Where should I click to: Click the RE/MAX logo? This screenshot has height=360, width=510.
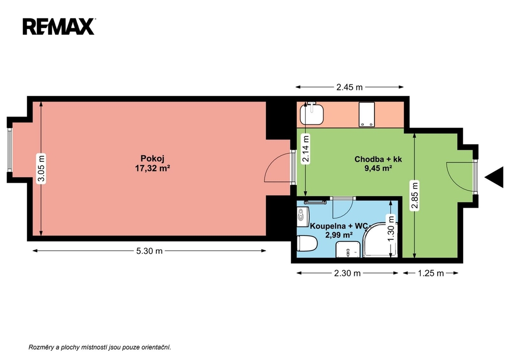pos(59,26)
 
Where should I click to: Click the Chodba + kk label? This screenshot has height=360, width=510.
pos(378,159)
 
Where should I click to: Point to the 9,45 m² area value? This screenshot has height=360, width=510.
pos(378,168)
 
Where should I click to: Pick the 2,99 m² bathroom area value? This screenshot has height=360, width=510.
pos(339,235)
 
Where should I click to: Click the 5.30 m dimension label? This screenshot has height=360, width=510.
pos(149,251)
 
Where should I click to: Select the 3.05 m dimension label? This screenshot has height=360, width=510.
pos(41,168)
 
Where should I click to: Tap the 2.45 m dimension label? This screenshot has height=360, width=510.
pos(349,87)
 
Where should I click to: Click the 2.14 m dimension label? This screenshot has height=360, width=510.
pos(305,148)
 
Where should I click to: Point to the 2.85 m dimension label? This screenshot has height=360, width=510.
pos(414,196)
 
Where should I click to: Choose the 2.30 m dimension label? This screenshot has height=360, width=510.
pos(347,273)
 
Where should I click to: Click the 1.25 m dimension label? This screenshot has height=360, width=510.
pos(431,273)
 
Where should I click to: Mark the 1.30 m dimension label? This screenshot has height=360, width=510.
pos(391,229)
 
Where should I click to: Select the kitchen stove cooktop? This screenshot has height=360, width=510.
pos(367,114)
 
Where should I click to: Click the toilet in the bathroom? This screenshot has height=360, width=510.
pos(307,243)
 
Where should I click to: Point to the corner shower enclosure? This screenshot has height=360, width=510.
pos(380,240)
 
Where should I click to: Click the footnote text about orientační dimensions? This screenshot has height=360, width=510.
pos(100,348)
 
